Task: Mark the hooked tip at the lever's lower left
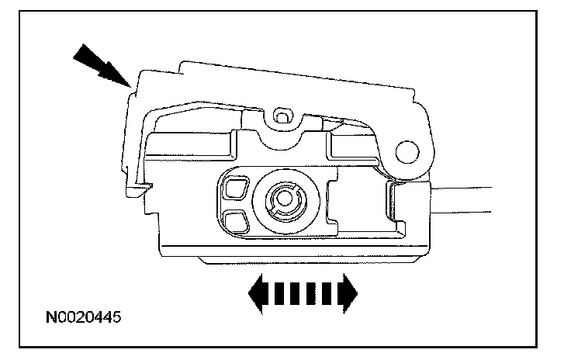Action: click(139, 186)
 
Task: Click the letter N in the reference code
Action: click(50, 317)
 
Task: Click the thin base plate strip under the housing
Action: click(295, 260)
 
